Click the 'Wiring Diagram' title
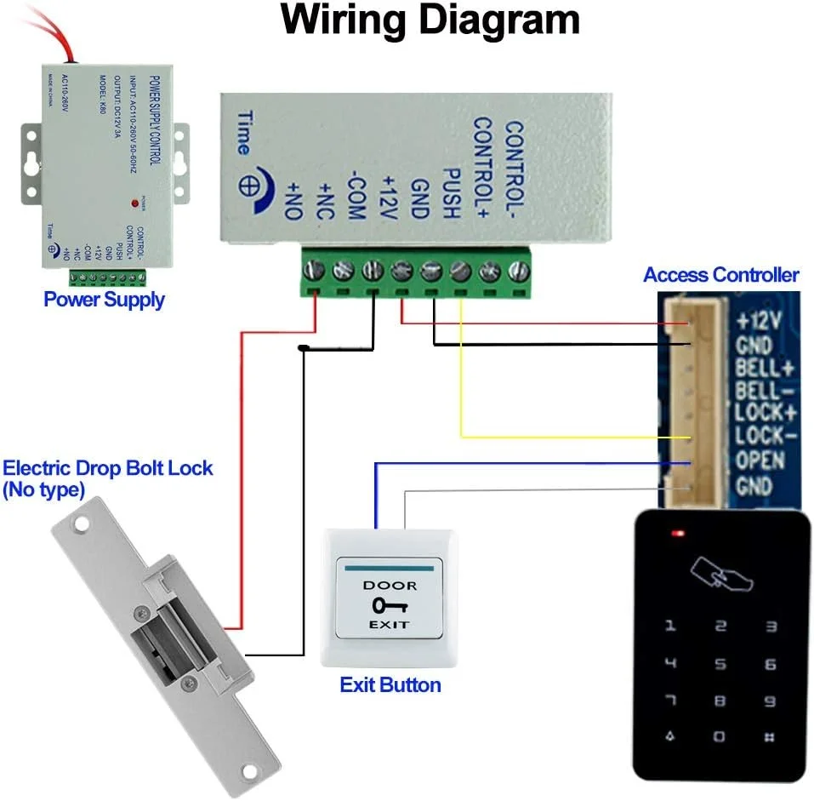(x=430, y=20)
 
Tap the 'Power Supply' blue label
(x=104, y=300)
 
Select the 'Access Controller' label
(x=720, y=275)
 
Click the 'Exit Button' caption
(x=390, y=684)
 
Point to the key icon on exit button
(x=389, y=605)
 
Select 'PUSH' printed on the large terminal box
(x=451, y=195)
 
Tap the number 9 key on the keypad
(x=770, y=701)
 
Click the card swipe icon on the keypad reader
(x=722, y=575)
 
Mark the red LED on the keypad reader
(x=678, y=535)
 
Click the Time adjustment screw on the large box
(x=253, y=185)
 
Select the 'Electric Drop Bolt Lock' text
(x=107, y=468)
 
